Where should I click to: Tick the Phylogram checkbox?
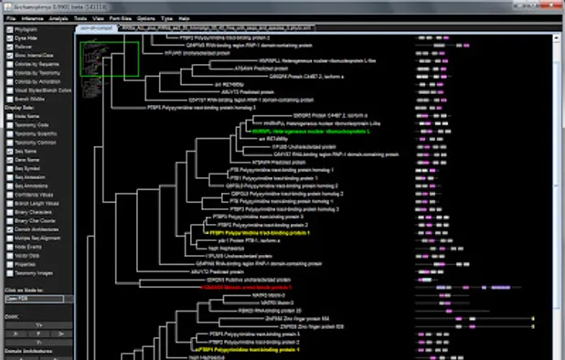tap(7, 29)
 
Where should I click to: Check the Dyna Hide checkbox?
tap(7, 38)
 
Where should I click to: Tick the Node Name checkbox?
tap(7, 114)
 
